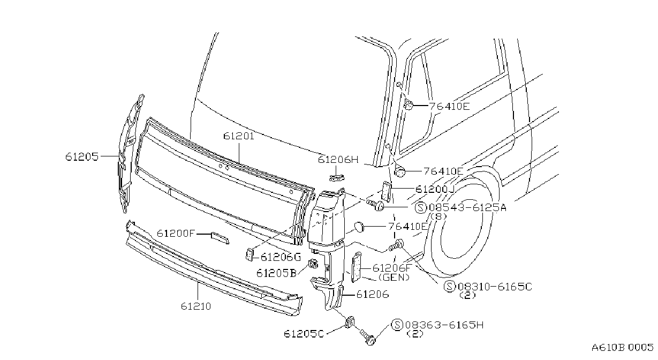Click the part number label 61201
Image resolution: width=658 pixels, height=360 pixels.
point(239,137)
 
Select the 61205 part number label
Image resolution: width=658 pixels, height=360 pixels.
point(82,156)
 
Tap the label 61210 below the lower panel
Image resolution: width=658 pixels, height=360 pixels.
point(196,306)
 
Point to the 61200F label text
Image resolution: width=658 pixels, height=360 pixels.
point(176,234)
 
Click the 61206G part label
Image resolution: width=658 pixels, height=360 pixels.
point(281,258)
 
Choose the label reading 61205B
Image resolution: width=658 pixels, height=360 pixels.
point(276,273)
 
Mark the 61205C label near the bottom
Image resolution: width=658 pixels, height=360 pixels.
point(304,334)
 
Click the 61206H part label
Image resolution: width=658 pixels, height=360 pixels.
point(338,160)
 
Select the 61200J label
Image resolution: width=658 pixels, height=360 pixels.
point(435,190)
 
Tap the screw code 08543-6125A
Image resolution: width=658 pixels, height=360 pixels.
point(468,208)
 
